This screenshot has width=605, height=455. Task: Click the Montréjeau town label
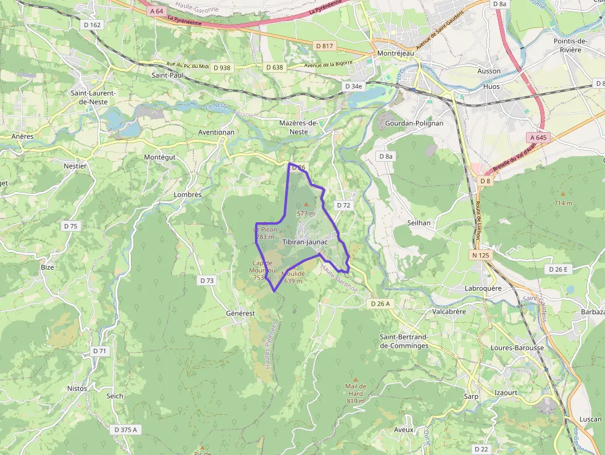coord(394,54)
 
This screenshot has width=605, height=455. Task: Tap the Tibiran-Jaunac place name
coord(304,243)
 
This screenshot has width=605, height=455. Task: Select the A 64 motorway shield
coord(156,10)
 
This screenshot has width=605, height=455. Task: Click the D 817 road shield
coord(324,46)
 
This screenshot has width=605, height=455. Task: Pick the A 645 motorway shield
coord(538,137)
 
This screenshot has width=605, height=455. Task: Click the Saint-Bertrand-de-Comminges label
coord(404,341)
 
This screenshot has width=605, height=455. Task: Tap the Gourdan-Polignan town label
coord(414,123)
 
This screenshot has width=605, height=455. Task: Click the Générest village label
coord(240,314)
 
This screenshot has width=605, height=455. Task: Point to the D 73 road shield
coord(207,280)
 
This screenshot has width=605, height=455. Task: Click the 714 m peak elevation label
coord(562,203)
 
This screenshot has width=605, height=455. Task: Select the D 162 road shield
coord(91,25)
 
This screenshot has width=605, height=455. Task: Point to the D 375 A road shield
coord(126,429)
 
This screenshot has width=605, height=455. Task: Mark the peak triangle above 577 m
coord(306,204)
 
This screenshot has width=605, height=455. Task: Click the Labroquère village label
coord(502,288)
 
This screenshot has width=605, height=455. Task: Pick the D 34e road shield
coord(354,86)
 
